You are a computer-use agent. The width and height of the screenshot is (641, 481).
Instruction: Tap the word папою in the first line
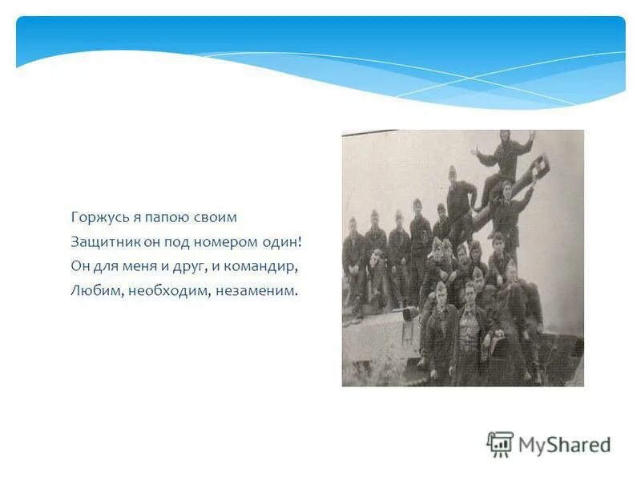tap(163, 218)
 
